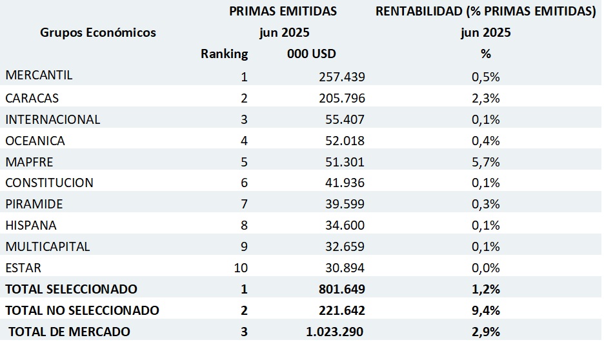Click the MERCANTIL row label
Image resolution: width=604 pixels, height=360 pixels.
coord(39,75)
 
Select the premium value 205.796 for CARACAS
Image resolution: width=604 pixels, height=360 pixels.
coord(341,99)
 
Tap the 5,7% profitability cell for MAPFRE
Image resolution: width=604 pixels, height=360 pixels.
coord(486,162)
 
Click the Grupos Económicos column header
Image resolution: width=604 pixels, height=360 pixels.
coord(98,32)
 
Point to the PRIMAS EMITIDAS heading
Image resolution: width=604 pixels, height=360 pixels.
coord(283,11)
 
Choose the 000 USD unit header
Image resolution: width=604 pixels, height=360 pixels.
coord(312,54)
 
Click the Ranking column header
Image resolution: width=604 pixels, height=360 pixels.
coord(224,54)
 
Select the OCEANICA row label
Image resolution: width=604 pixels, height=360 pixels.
coord(35,141)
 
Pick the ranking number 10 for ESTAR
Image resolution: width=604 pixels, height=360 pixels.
coord(239,268)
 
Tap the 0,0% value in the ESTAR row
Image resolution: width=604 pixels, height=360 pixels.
coord(486,268)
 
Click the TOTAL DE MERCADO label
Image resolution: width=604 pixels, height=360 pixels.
coord(69,332)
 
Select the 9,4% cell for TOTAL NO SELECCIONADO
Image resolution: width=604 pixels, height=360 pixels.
coord(486,310)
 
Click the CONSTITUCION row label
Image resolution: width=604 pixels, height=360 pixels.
coord(49,183)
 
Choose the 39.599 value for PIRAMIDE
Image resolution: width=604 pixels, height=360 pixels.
coord(341,204)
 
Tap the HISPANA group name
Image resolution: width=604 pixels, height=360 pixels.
coord(31,225)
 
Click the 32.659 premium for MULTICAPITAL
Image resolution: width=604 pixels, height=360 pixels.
coord(341,246)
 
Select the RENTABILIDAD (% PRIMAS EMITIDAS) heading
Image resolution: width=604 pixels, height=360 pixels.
coord(486,11)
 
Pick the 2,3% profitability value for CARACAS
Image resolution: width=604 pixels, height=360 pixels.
coord(486,99)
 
